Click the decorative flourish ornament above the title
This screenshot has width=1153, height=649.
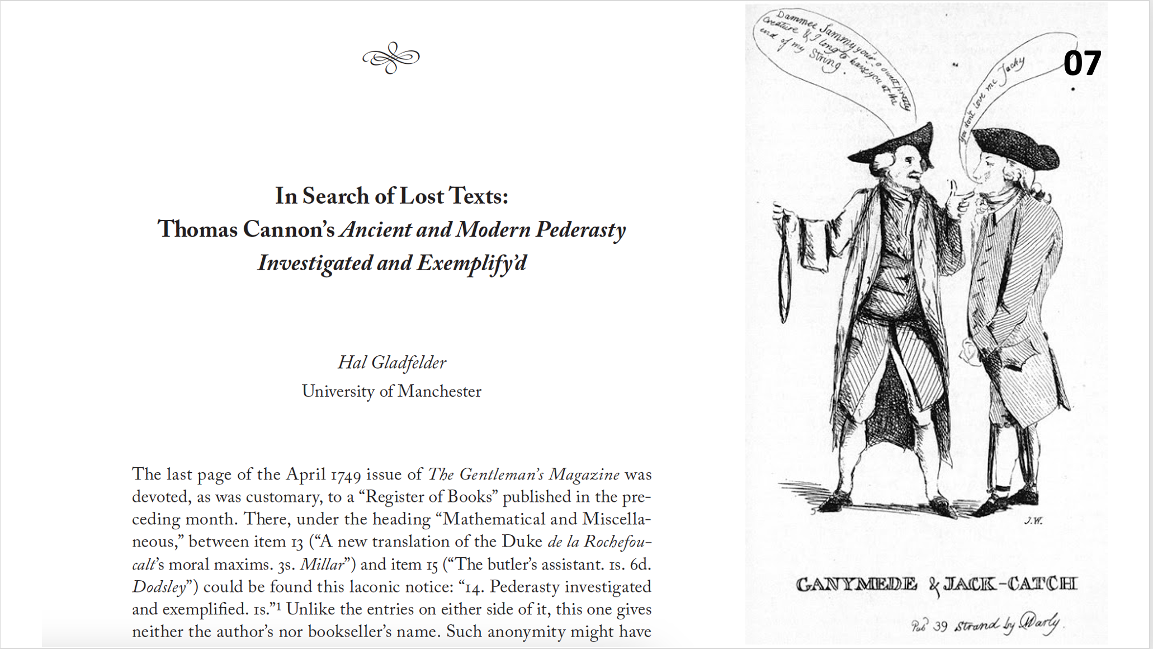coord(391,58)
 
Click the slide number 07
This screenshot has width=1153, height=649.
coord(1082,63)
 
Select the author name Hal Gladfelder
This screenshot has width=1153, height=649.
coord(391,363)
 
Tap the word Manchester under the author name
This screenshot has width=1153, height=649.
coord(439,391)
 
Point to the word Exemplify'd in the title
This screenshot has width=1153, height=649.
coord(471,263)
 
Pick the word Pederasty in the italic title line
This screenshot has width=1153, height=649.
coord(580,229)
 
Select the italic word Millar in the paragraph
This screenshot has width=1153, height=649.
coord(322,565)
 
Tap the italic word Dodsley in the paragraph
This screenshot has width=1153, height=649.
coord(159,587)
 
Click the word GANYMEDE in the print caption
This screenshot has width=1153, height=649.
coord(856,585)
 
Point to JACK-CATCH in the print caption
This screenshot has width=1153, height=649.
coord(1009,585)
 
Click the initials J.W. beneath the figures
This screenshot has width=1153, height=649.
coord(1033,521)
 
